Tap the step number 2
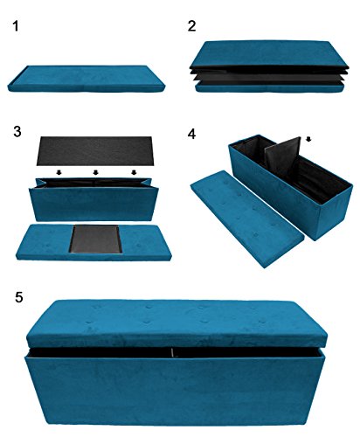(192, 27)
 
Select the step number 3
(17, 131)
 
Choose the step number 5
(20, 297)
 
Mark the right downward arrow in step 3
(134, 174)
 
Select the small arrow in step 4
(308, 138)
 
